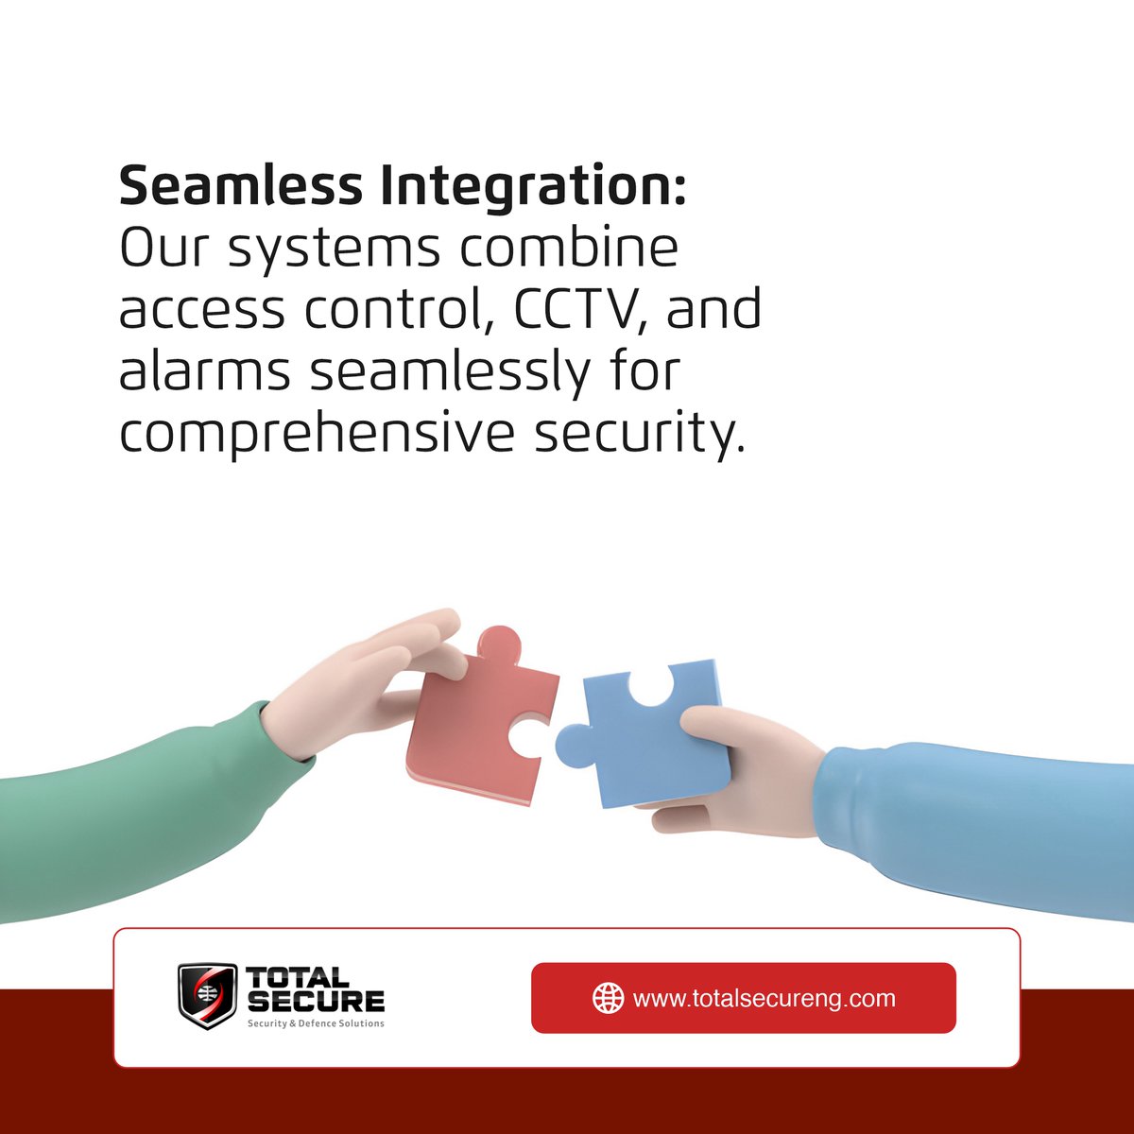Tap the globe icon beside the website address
(x=608, y=998)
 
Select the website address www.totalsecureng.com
(x=764, y=998)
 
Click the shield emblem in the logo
(x=207, y=995)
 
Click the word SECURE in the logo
(x=315, y=1001)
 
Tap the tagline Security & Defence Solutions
(x=315, y=1023)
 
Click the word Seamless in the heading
(x=240, y=185)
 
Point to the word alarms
(x=204, y=370)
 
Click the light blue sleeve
(x=983, y=822)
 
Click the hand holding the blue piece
(x=747, y=775)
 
